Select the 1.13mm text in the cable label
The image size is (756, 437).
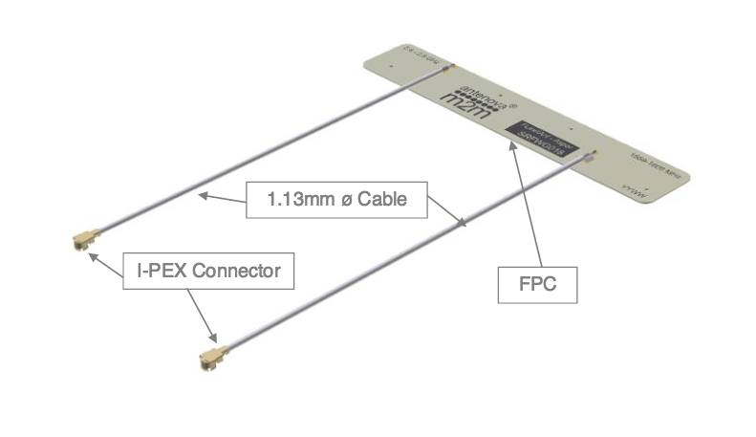point(295,200)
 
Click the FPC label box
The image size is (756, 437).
point(537,284)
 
